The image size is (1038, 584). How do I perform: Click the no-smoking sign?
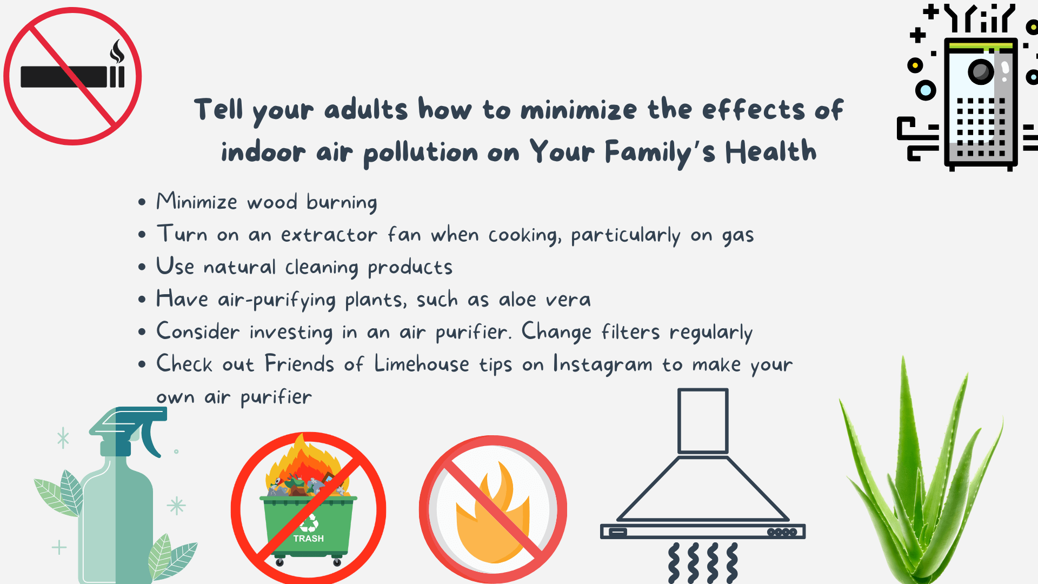click(x=72, y=76)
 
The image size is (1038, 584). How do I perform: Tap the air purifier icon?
click(x=968, y=87)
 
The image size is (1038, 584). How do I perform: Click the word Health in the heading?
click(x=770, y=151)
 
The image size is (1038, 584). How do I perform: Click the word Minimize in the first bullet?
click(x=197, y=201)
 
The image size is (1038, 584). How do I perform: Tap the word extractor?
click(x=329, y=235)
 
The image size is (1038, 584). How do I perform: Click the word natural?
click(x=239, y=267)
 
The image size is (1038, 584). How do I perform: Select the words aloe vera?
click(x=545, y=299)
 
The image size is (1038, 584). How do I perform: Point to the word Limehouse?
click(x=422, y=363)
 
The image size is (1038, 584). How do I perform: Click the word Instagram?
click(x=603, y=364)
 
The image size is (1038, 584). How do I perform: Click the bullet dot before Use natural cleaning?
click(x=142, y=267)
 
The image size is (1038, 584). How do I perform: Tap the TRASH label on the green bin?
click(x=309, y=539)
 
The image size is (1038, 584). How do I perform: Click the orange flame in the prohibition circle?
click(x=493, y=514)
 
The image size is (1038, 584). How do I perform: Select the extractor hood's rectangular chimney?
click(x=703, y=421)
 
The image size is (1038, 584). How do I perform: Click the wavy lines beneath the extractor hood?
click(x=703, y=563)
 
